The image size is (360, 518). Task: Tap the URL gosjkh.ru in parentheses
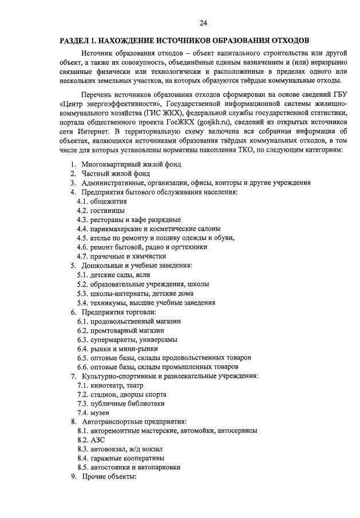coord(216,122)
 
